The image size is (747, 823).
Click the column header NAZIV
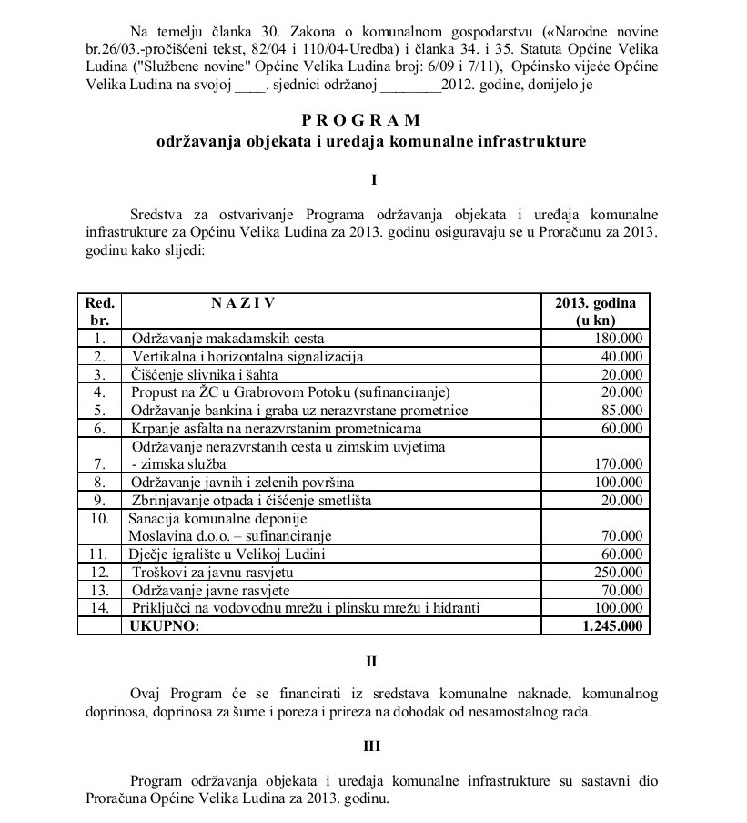pos(243,303)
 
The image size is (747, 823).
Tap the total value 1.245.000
pos(610,625)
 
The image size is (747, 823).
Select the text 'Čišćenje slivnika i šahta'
pos(204,374)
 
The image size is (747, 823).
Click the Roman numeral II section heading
pos(373,660)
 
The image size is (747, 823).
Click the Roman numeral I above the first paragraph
pos(373,180)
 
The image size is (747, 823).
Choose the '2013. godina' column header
pos(595,311)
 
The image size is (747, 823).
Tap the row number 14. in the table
pos(100,607)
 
